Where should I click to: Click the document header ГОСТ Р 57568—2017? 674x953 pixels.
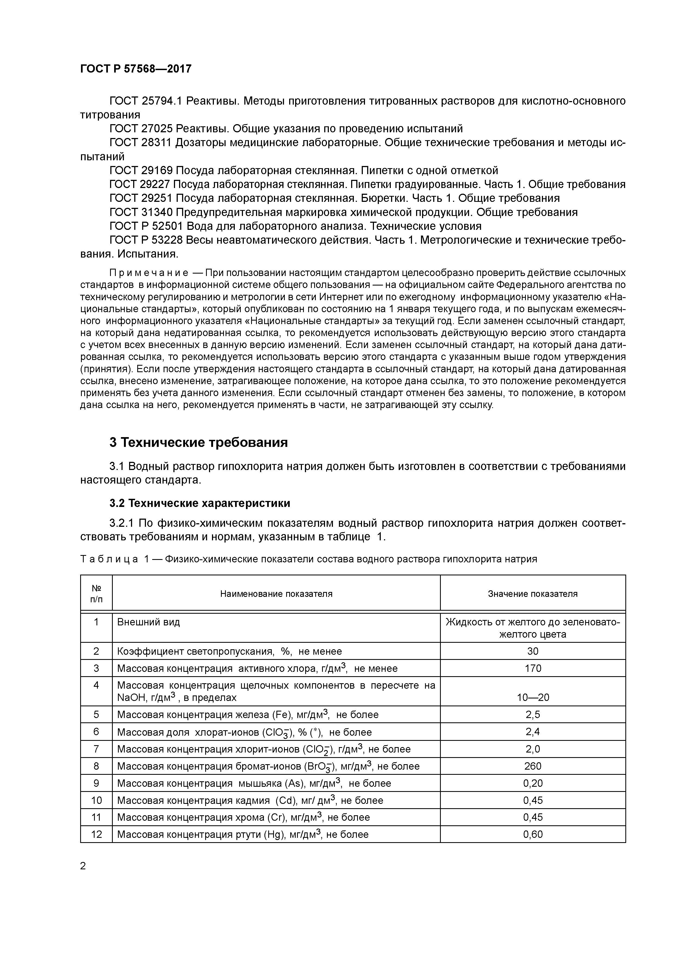(136, 69)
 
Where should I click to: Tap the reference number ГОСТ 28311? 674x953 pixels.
(140, 143)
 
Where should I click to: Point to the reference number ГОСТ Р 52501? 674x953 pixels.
(146, 226)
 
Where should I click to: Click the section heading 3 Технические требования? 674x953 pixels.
(198, 443)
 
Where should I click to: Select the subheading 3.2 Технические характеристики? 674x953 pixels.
(200, 503)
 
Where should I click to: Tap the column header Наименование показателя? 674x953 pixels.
(276, 594)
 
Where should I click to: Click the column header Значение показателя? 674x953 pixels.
(533, 594)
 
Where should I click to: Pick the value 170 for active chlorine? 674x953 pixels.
(533, 668)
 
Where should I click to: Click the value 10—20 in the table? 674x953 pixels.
(533, 697)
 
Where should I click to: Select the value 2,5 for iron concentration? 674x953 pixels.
(533, 715)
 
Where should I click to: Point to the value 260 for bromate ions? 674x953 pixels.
(533, 766)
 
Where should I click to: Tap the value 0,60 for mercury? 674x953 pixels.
(533, 835)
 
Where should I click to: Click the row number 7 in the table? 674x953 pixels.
(96, 749)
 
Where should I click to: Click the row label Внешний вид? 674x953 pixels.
(149, 623)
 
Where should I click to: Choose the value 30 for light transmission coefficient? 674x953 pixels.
(533, 651)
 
